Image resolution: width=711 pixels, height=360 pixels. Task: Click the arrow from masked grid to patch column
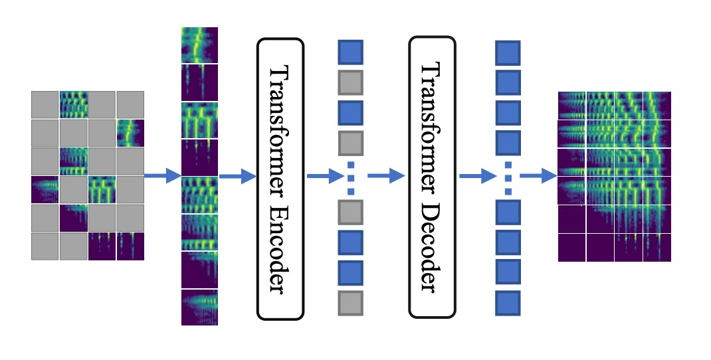[162, 176]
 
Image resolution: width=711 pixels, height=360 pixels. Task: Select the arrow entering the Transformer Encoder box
[237, 176]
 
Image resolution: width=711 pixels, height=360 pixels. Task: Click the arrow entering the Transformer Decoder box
[386, 176]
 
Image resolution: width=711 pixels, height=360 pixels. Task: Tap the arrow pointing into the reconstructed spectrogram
[538, 176]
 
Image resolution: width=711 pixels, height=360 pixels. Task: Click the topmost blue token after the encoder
[350, 52]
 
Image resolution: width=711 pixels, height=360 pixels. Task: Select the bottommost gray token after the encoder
[350, 302]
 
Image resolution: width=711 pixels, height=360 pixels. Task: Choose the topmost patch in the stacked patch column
[199, 45]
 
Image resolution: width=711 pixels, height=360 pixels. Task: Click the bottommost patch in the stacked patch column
[199, 307]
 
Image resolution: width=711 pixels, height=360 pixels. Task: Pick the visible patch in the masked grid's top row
[73, 104]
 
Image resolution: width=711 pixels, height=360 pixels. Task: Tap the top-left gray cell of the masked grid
[45, 104]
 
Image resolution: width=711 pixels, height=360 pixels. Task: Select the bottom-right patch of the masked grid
[130, 246]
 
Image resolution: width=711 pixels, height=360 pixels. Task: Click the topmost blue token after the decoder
[508, 52]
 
